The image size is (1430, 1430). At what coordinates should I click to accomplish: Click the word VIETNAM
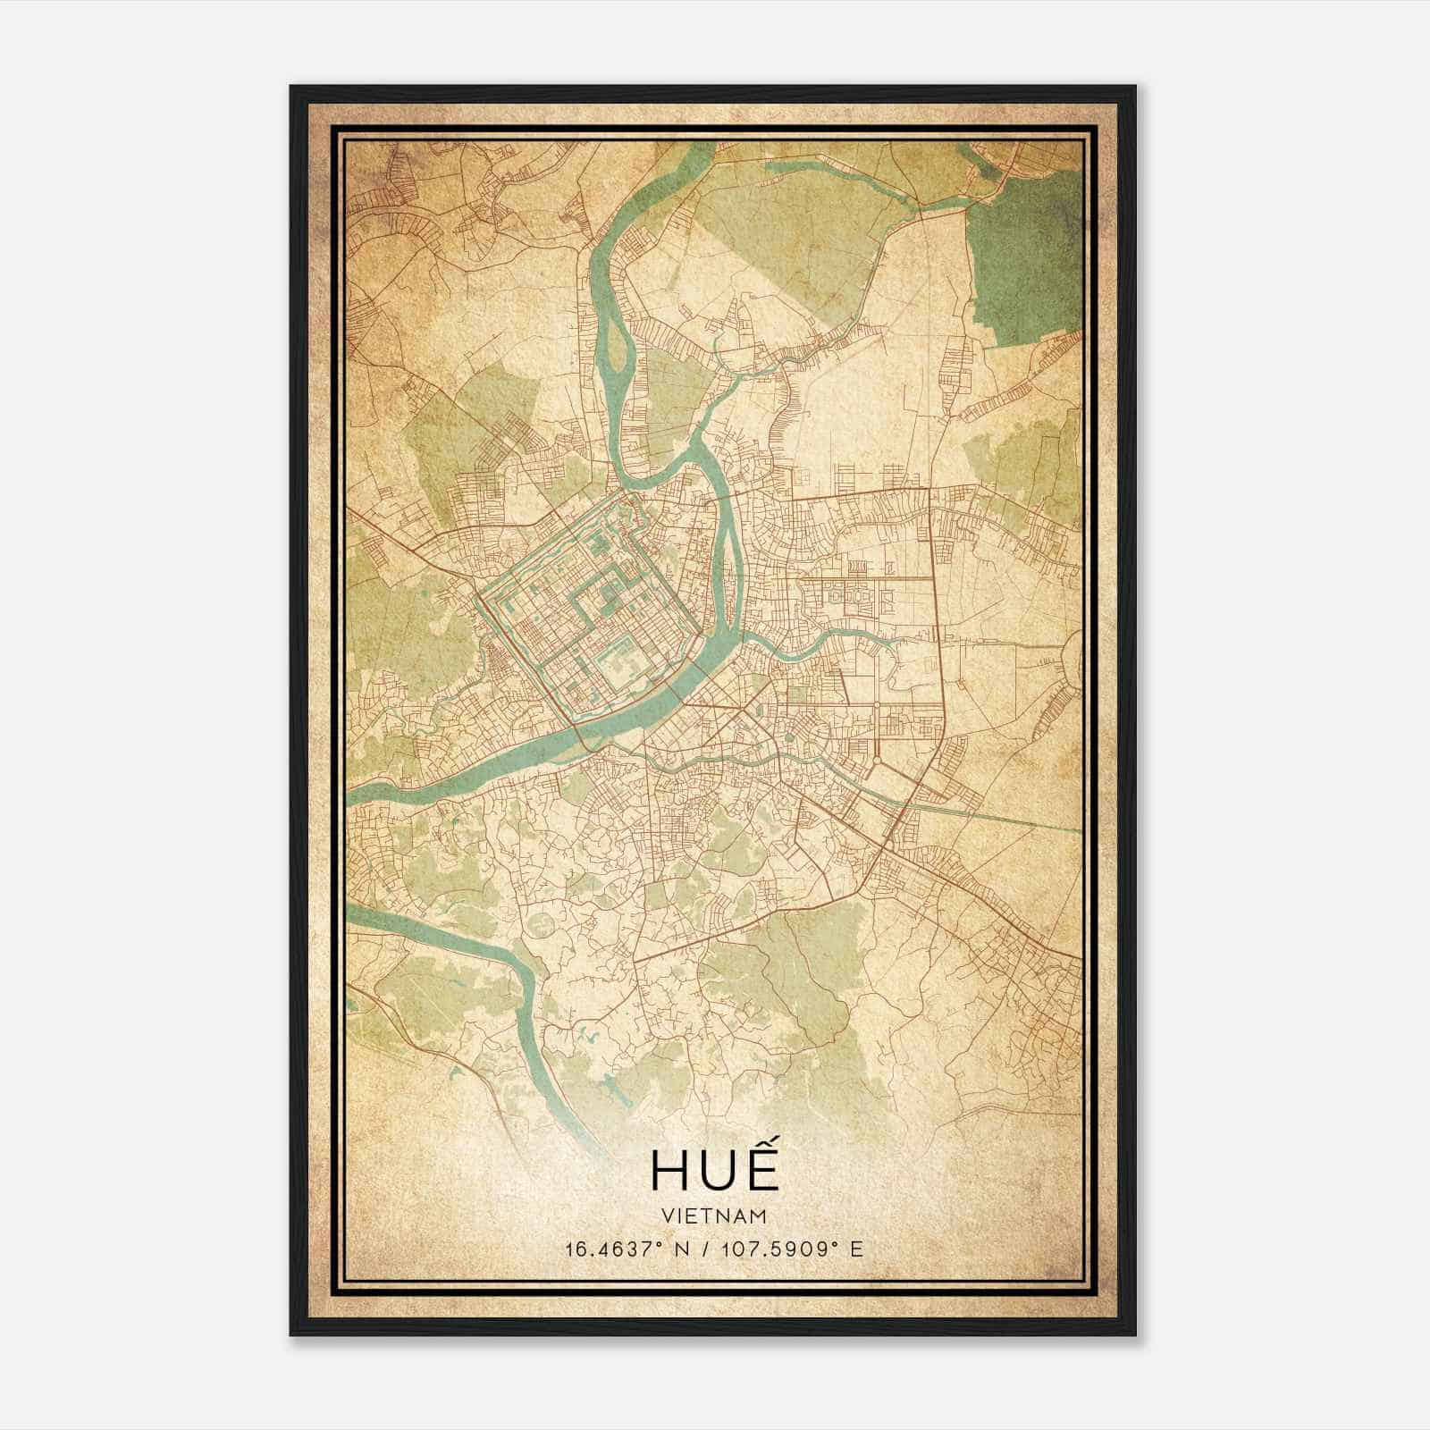714,1215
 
